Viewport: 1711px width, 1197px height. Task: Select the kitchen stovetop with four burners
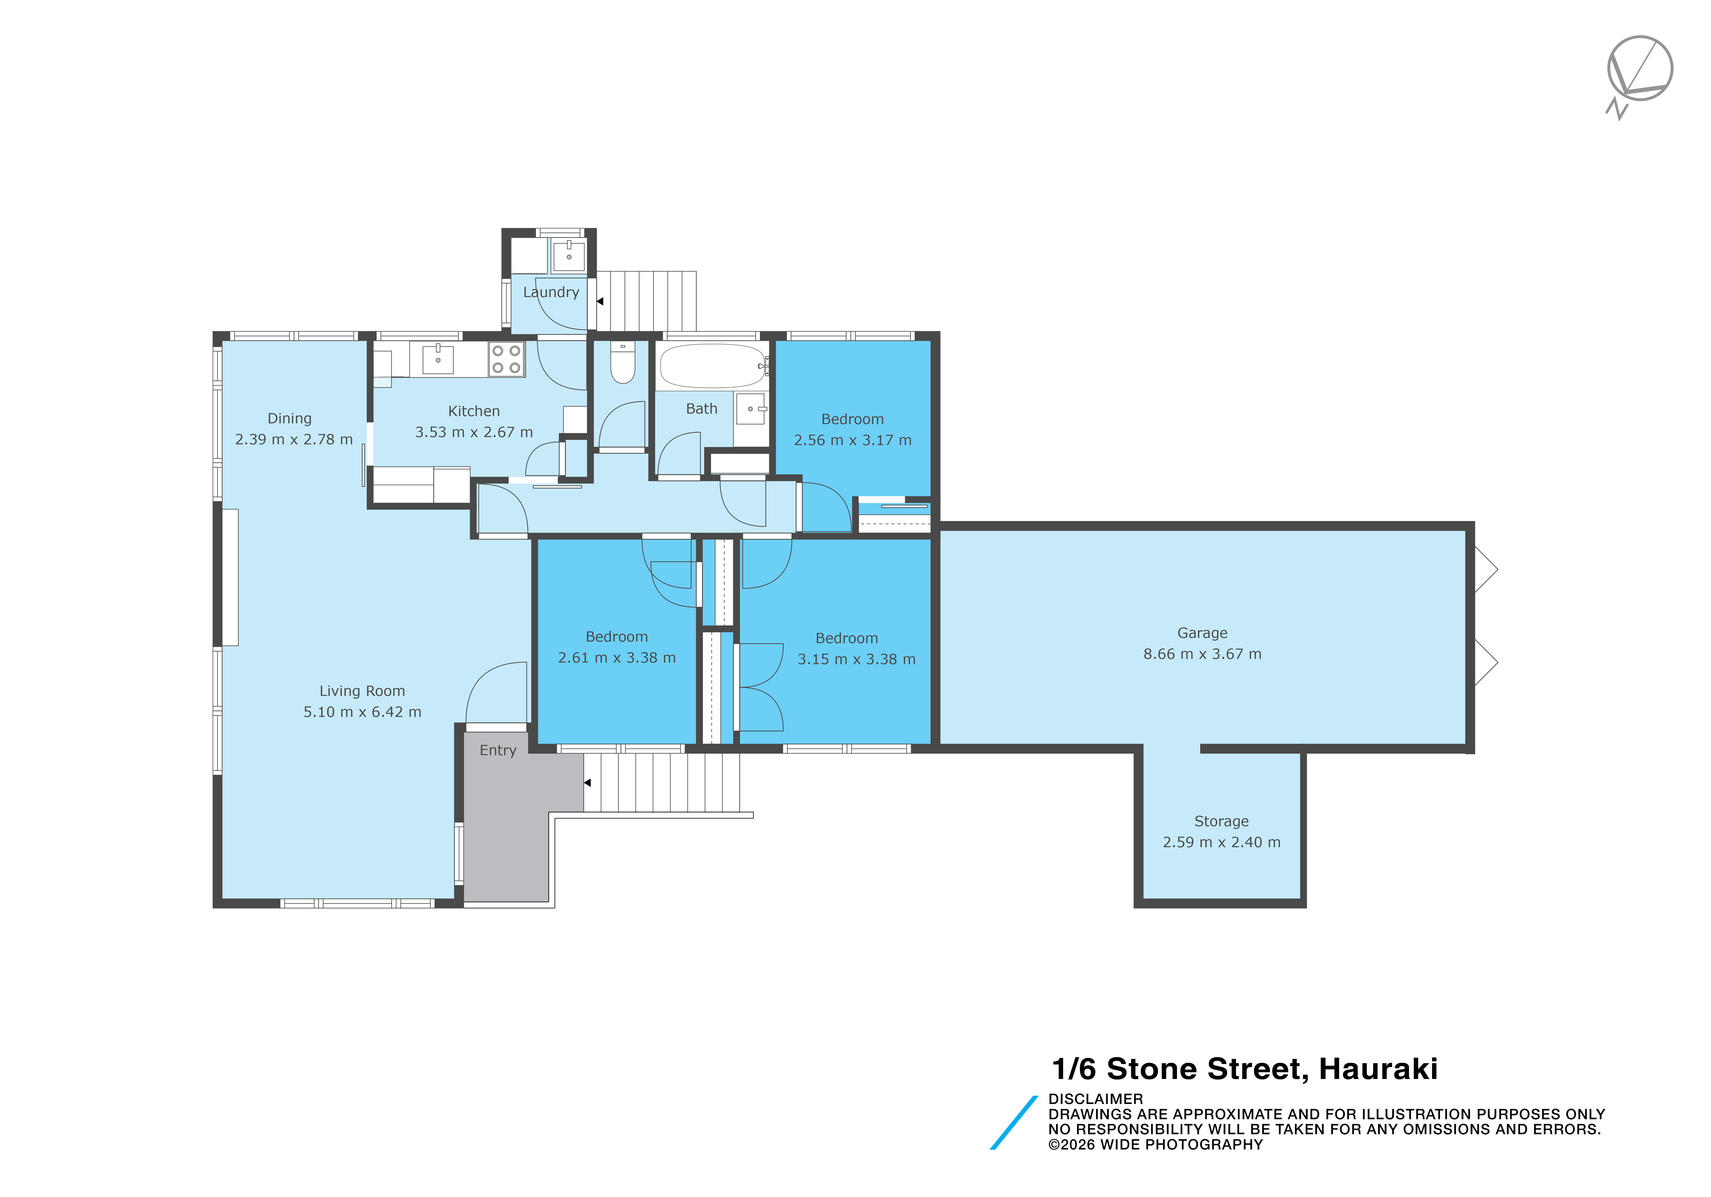(x=507, y=359)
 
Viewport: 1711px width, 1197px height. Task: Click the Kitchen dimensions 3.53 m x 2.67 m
(x=474, y=432)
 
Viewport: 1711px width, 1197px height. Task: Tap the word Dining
(x=290, y=419)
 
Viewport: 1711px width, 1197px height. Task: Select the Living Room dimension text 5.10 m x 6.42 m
(x=362, y=712)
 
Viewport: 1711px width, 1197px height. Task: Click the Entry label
(x=498, y=750)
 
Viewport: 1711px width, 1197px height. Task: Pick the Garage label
(x=1202, y=633)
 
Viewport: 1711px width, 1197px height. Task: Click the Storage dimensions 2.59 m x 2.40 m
(x=1221, y=842)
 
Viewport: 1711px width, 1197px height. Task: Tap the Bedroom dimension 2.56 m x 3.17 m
(x=852, y=440)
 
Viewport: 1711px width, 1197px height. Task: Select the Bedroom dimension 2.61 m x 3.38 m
(x=617, y=658)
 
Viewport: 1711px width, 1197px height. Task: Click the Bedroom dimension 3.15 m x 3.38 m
(x=856, y=659)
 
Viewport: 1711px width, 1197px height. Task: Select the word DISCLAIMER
(x=1095, y=1099)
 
